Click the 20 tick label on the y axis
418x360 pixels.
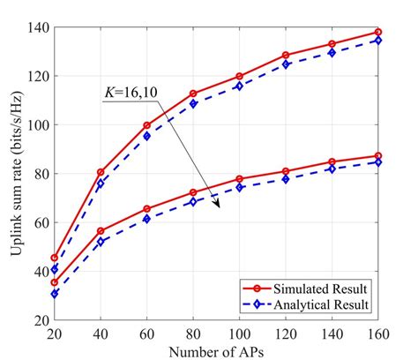[36, 321]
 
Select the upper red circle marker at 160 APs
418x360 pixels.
[378, 32]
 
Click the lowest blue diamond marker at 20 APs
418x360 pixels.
[55, 294]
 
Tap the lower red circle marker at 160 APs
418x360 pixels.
[378, 156]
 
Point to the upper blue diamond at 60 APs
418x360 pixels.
[147, 136]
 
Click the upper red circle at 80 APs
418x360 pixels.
[193, 94]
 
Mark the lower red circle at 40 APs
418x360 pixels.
[101, 231]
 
